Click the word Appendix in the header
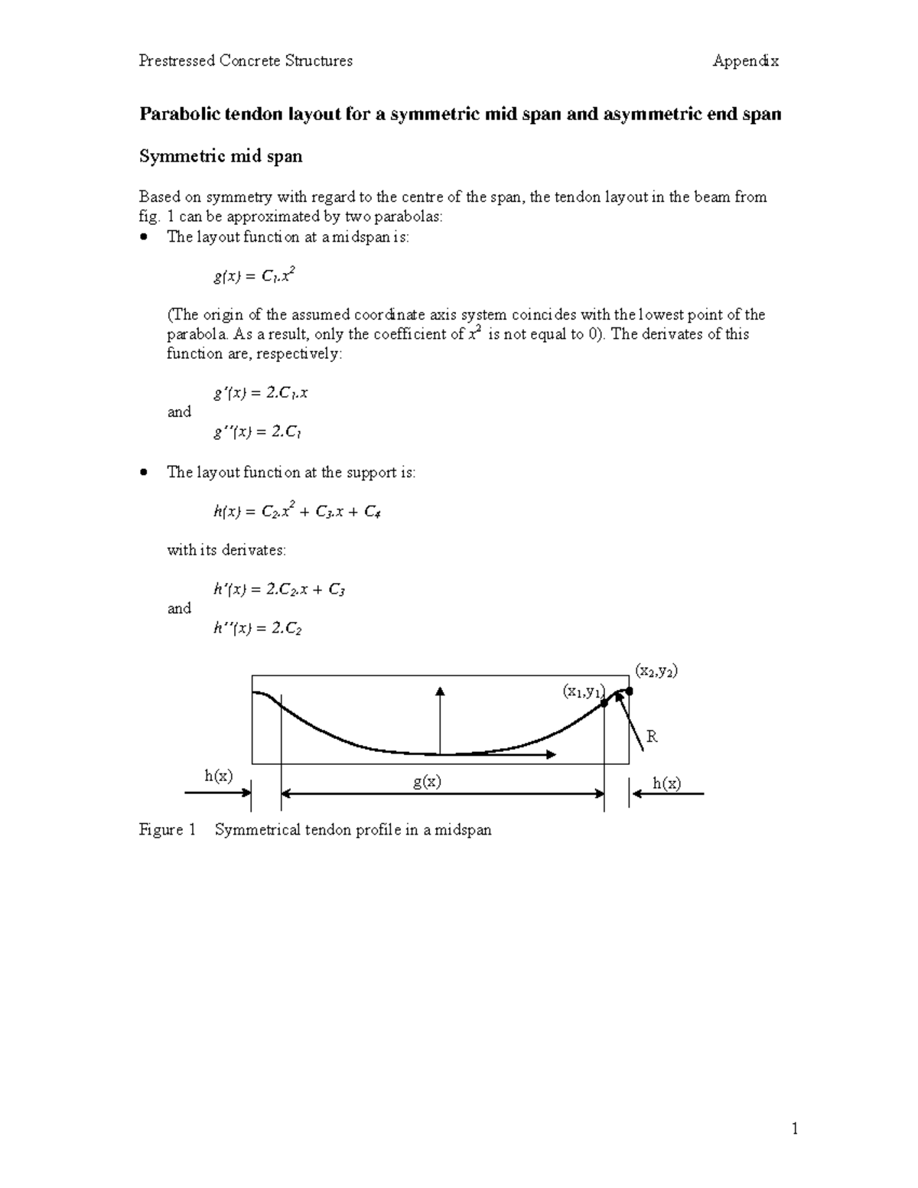(x=745, y=61)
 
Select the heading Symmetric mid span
(x=220, y=157)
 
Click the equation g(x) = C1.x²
(x=254, y=276)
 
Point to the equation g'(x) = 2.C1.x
(x=260, y=393)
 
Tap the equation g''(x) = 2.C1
(x=256, y=432)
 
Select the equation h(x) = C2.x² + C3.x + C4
(x=297, y=512)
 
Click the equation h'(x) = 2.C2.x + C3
(x=279, y=590)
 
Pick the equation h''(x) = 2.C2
(x=258, y=629)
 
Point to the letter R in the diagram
(x=652, y=737)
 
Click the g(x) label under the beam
(x=427, y=782)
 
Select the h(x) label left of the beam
(x=218, y=776)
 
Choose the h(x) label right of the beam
(x=666, y=783)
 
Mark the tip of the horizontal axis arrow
(x=555, y=755)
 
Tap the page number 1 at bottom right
(x=796, y=1128)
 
